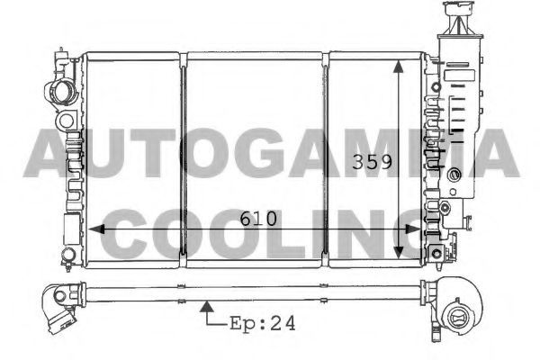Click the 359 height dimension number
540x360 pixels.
(372, 162)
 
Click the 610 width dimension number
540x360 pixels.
(258, 219)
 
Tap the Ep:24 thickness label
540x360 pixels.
(263, 323)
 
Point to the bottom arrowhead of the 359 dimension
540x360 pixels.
(399, 253)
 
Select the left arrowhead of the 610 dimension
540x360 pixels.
(96, 229)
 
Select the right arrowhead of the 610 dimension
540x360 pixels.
(412, 229)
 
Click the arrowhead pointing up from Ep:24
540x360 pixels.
(207, 307)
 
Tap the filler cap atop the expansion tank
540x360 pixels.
(458, 8)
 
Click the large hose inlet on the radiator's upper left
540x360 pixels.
(61, 92)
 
